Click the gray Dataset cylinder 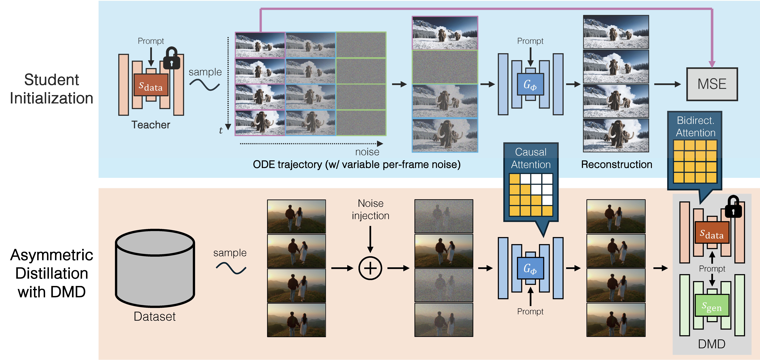(155, 268)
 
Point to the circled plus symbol (370, 268)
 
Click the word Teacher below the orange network (151, 125)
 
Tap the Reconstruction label (617, 164)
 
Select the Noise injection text (371, 210)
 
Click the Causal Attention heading (531, 158)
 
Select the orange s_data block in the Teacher (151, 85)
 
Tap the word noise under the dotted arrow (367, 152)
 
